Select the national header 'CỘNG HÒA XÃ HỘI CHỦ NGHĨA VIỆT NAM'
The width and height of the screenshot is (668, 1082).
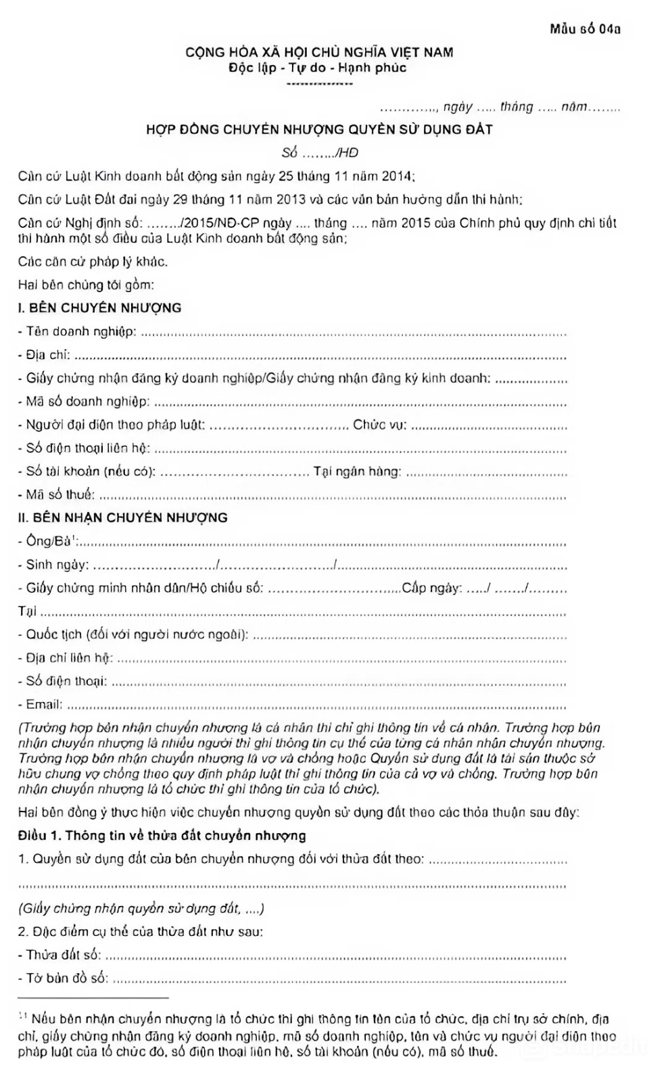320,52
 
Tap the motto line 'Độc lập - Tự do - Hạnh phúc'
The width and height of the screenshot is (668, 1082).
318,68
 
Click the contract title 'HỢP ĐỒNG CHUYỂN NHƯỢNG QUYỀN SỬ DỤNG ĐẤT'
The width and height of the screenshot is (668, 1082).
319,129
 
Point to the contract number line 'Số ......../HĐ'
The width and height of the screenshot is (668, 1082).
320,153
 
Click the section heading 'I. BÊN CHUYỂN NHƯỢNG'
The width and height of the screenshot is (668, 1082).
100,308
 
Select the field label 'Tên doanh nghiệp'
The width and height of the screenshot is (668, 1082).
80,331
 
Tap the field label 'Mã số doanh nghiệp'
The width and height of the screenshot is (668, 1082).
87,402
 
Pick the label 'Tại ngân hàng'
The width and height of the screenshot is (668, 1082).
357,471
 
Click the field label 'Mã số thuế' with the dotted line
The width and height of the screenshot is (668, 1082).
59,495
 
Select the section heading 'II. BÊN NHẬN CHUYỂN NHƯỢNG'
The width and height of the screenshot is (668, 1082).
123,518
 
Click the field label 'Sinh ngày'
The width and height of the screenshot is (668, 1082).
56,565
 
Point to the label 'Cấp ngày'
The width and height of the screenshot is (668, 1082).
431,588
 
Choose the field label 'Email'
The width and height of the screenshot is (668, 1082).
43,705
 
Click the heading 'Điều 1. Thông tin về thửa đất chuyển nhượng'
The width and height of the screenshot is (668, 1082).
162,836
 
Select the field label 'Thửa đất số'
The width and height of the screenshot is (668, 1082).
63,955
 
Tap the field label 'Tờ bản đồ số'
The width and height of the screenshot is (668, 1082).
66,979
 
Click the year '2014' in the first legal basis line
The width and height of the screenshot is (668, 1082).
396,177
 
